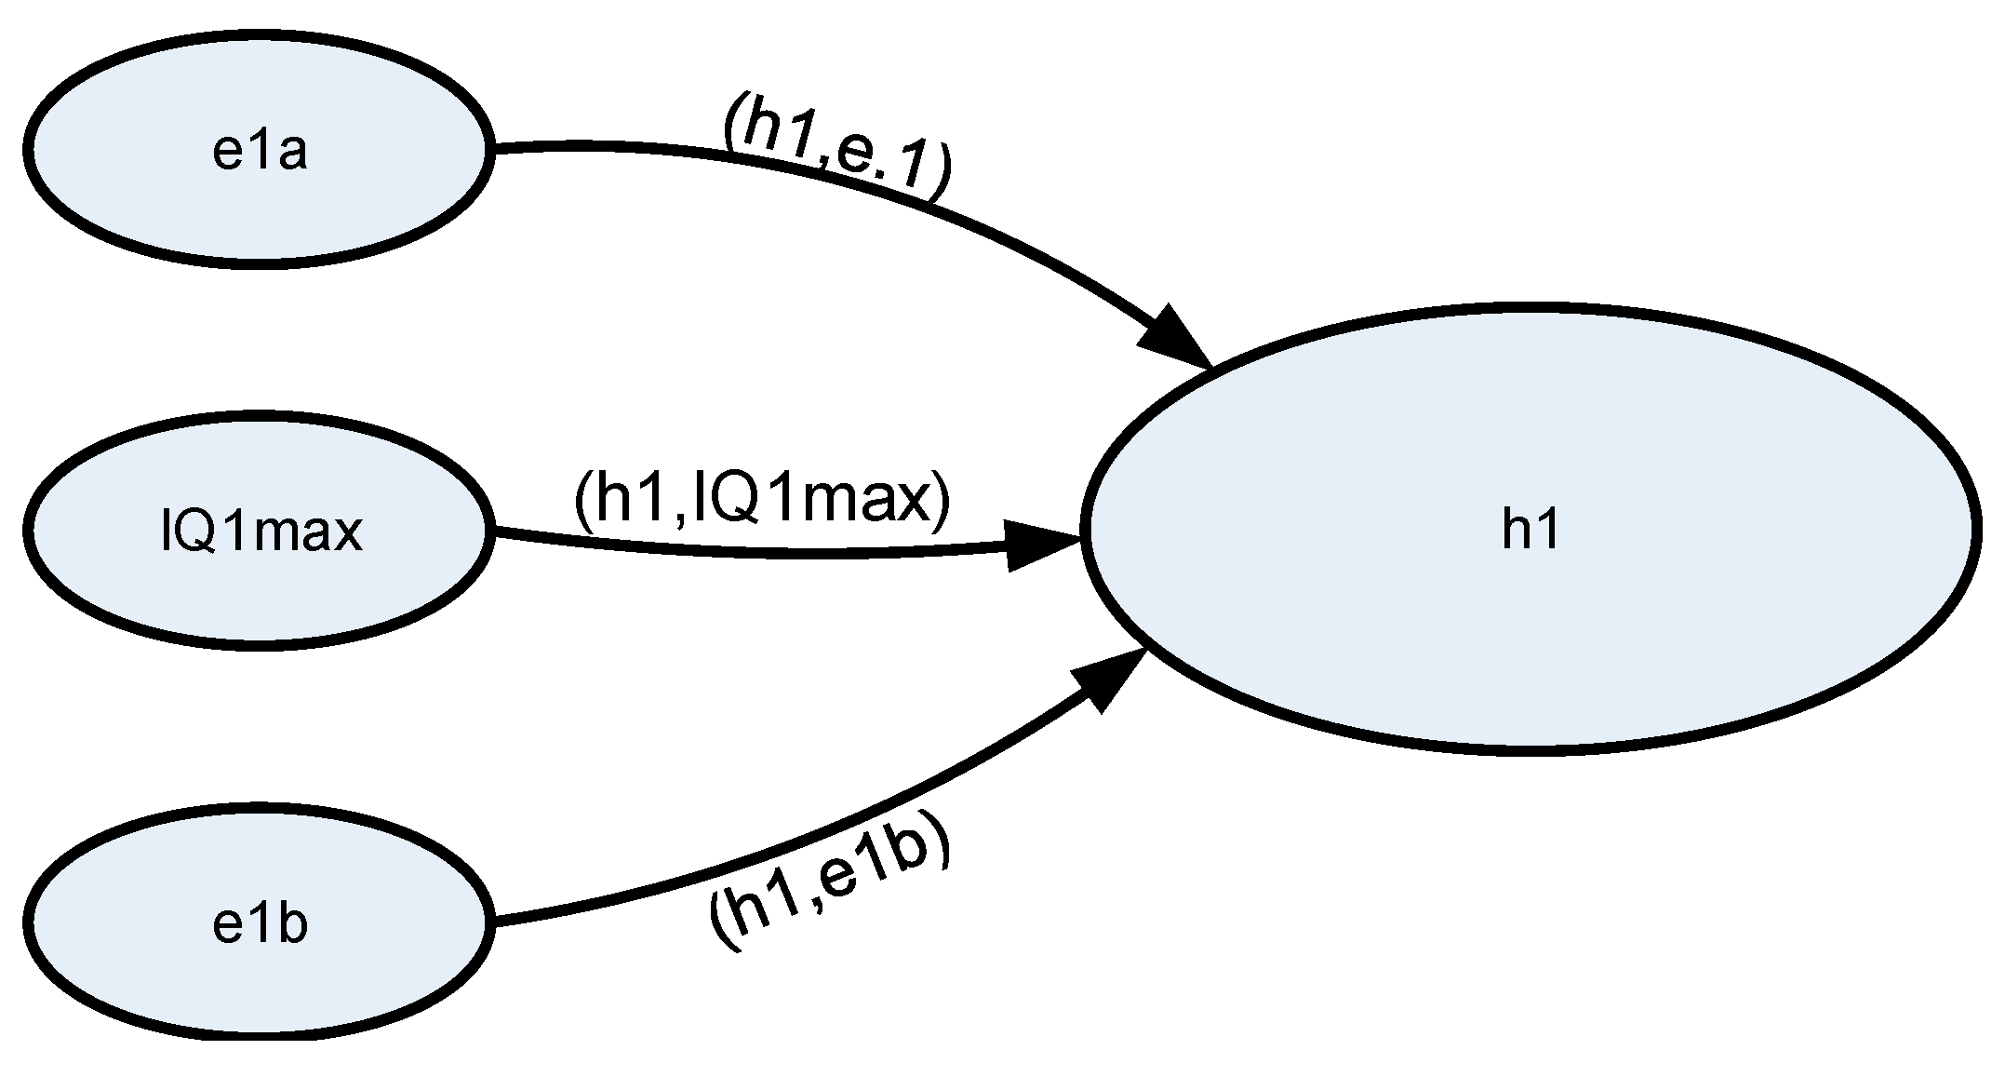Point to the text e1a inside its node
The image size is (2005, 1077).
260,152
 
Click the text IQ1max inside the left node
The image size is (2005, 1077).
261,533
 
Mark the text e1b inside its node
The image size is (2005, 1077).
260,926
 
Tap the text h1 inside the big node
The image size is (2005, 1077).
1530,532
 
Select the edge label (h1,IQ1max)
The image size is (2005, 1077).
763,503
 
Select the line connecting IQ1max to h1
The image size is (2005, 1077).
744,554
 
